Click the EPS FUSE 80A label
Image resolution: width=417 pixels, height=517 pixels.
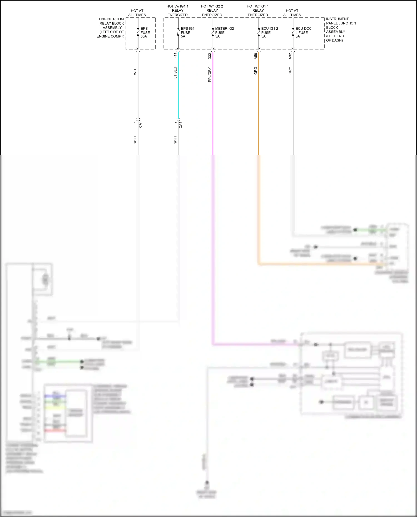tap(145, 33)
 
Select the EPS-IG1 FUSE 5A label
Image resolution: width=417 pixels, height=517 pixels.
tap(187, 33)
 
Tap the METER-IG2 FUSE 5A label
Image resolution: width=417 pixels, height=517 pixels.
tap(224, 33)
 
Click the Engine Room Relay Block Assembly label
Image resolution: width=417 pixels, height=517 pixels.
tap(111, 28)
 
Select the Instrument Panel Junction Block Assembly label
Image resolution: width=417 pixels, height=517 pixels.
tap(341, 30)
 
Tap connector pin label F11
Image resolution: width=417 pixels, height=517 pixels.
tap(175, 56)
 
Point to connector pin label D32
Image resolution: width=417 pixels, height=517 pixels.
tap(210, 56)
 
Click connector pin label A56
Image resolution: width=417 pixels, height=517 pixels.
tap(255, 56)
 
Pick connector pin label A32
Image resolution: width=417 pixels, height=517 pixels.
tap(290, 56)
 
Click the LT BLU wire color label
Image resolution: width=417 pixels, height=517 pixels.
tap(175, 73)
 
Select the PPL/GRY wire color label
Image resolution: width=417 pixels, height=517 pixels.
tap(210, 74)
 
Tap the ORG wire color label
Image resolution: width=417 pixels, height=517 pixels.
tap(255, 71)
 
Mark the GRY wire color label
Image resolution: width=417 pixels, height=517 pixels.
tap(290, 71)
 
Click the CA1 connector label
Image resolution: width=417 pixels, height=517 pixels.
tap(140, 124)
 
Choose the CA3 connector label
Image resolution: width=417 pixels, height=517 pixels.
tap(181, 125)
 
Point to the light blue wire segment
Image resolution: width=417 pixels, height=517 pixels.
tap(178, 89)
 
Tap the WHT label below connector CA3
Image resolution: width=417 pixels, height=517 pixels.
tap(175, 139)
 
